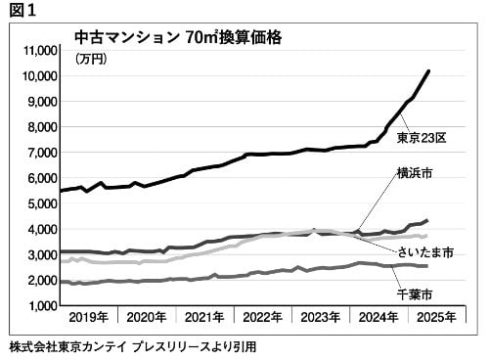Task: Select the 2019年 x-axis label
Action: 89,317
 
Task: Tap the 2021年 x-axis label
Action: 204,317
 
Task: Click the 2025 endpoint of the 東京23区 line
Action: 429,70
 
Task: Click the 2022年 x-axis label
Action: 263,317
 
